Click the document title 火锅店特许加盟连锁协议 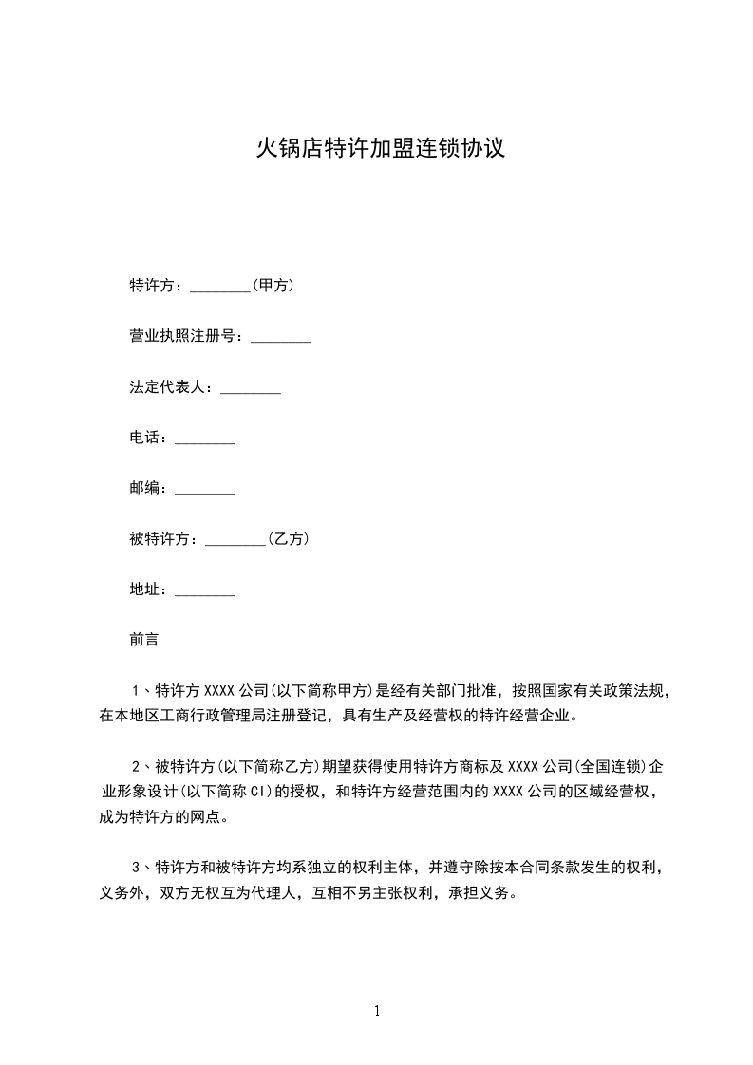376,149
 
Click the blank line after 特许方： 220,286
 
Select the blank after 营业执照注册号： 280,337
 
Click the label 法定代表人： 174,387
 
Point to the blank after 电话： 205,439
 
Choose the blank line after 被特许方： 235,539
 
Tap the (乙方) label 288,539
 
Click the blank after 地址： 205,590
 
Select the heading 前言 143,641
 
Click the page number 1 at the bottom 377,1012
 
